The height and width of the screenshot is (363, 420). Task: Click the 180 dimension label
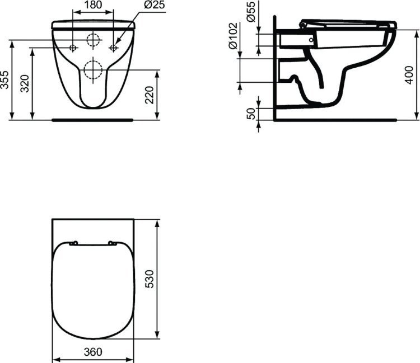point(93,5)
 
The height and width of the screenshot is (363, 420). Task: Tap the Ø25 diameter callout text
point(155,5)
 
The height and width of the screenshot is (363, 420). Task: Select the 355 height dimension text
point(5,80)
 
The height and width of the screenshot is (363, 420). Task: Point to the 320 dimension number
point(25,83)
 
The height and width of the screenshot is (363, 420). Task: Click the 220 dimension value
point(149,95)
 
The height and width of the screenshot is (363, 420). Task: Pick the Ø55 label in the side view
point(251,12)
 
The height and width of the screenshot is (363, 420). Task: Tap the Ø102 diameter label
point(233,36)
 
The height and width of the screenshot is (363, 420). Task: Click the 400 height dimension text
point(409,75)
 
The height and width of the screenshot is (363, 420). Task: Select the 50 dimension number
point(251,114)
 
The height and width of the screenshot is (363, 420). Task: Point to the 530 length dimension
point(150,279)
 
